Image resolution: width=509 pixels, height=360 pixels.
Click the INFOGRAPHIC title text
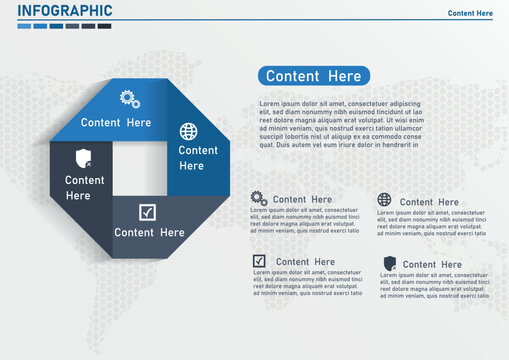pyautogui.click(x=65, y=11)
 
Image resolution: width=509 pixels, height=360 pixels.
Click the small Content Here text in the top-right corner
pyautogui.click(x=470, y=13)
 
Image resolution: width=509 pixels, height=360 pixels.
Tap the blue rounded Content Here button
pyautogui.click(x=314, y=75)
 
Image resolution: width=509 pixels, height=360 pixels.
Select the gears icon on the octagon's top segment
pyautogui.click(x=129, y=98)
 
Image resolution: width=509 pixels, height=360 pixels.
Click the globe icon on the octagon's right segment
pyautogui.click(x=188, y=131)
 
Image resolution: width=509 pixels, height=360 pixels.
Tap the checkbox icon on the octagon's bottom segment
pyautogui.click(x=147, y=212)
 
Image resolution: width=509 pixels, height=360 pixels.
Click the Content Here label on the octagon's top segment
pyautogui.click(x=116, y=123)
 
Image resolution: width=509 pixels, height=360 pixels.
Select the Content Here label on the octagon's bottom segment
pyautogui.click(x=149, y=232)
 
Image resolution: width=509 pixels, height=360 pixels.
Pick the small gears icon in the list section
pyautogui.click(x=259, y=198)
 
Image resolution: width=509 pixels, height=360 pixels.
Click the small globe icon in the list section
pyautogui.click(x=385, y=200)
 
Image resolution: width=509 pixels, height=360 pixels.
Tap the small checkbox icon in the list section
pyautogui.click(x=259, y=261)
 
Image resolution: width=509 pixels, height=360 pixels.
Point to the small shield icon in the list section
pyautogui.click(x=389, y=263)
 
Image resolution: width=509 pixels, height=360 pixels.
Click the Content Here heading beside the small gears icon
pyautogui.click(x=302, y=199)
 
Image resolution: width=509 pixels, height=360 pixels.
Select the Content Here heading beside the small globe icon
pyautogui.click(x=429, y=202)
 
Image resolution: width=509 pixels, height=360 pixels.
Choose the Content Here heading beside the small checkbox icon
pyautogui.click(x=305, y=262)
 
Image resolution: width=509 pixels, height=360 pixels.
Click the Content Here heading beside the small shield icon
pyautogui.click(x=433, y=265)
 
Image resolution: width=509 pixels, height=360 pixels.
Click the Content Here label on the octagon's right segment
pyautogui.click(x=198, y=157)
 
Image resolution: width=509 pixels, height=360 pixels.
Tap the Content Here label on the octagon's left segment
pyautogui.click(x=85, y=188)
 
